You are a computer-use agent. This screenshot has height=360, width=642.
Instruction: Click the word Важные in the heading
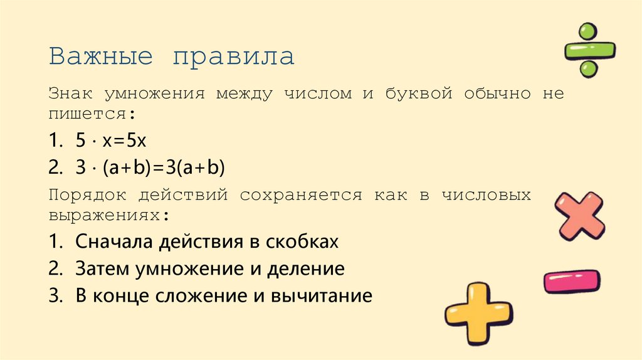click(102, 57)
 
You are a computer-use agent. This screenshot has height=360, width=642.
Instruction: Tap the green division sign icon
click(589, 50)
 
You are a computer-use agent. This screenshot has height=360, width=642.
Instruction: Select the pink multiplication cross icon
click(581, 216)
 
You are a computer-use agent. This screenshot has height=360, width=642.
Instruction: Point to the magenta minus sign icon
click(571, 282)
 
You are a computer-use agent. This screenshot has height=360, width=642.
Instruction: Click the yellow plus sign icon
click(478, 312)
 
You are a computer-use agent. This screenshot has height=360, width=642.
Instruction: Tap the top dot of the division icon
click(587, 31)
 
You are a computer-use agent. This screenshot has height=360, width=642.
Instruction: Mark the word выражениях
click(108, 215)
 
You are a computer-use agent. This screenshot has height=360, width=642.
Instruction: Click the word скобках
click(303, 242)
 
